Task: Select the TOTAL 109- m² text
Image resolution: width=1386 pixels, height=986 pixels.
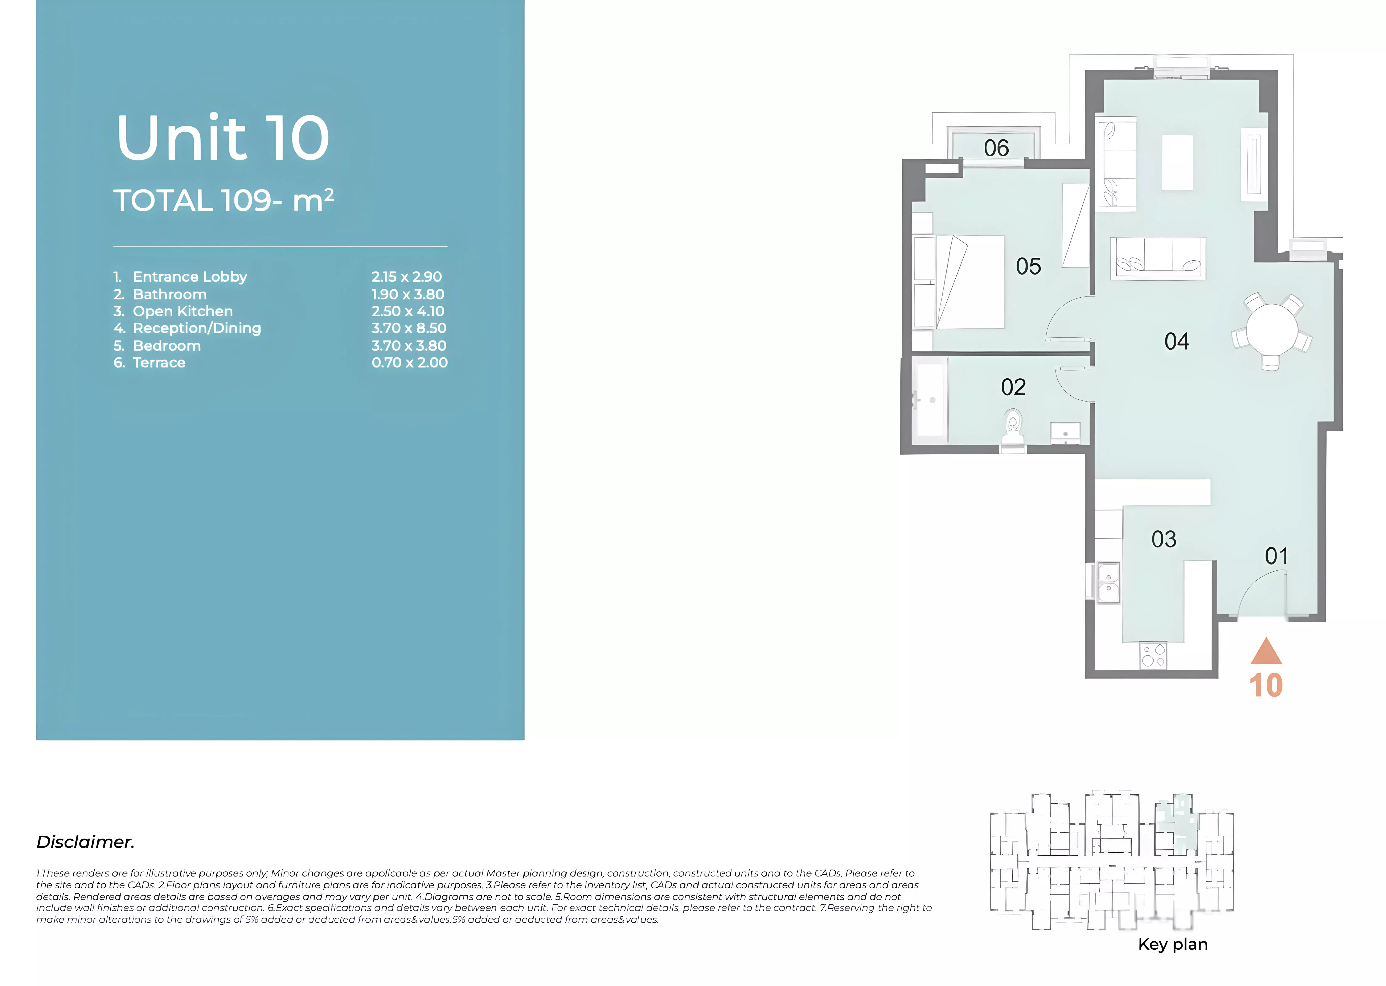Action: (223, 200)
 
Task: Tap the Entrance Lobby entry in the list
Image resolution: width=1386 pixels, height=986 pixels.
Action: (180, 277)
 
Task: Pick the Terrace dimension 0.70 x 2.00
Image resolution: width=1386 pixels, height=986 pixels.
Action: (410, 362)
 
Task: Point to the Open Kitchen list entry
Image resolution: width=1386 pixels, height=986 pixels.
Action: (173, 311)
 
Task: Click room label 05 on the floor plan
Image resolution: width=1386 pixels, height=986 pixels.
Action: (1028, 266)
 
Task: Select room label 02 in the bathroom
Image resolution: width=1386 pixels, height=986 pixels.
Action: (1013, 387)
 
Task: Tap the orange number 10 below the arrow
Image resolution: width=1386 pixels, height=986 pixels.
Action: (1266, 685)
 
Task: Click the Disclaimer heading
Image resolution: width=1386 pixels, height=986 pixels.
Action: (86, 842)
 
